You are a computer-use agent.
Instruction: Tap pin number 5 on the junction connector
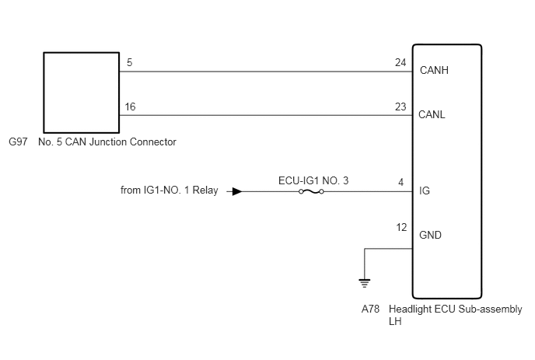click(129, 62)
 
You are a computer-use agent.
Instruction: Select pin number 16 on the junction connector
click(130, 107)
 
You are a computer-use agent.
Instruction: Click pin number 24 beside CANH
click(400, 62)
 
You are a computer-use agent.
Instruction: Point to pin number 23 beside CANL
click(400, 107)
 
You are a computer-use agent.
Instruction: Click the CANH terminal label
click(434, 70)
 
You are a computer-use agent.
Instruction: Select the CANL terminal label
click(432, 114)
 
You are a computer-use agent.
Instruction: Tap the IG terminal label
click(425, 190)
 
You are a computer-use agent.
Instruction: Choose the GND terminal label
click(430, 235)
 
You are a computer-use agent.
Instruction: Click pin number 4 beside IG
click(401, 182)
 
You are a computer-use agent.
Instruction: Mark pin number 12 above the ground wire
click(401, 227)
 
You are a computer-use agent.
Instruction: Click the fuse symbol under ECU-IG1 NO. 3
click(311, 192)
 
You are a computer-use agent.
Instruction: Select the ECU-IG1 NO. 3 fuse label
click(313, 180)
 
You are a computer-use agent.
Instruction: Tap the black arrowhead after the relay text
click(237, 192)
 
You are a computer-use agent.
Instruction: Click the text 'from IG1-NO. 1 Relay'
click(170, 190)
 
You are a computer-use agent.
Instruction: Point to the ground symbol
click(365, 283)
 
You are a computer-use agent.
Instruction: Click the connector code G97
click(18, 142)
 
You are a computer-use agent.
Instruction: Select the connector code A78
click(371, 309)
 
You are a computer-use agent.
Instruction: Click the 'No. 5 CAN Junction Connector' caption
click(107, 142)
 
